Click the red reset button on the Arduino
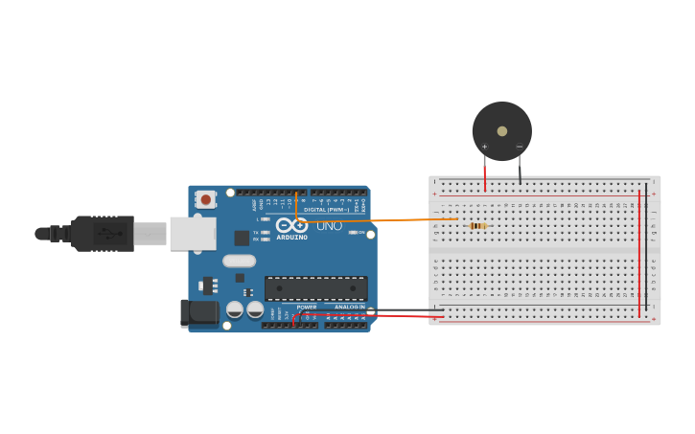point(205,199)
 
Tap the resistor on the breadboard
point(477,226)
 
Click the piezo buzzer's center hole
point(502,130)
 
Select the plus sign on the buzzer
point(484,147)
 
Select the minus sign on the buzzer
point(520,147)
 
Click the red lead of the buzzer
point(485,172)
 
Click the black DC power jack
point(198,311)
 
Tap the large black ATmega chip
point(315,287)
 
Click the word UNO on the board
point(329,226)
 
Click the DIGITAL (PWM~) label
point(326,209)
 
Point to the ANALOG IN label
point(349,307)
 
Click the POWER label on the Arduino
point(306,307)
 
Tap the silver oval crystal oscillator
point(239,261)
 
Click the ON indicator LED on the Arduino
point(353,233)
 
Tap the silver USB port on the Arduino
point(192,233)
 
